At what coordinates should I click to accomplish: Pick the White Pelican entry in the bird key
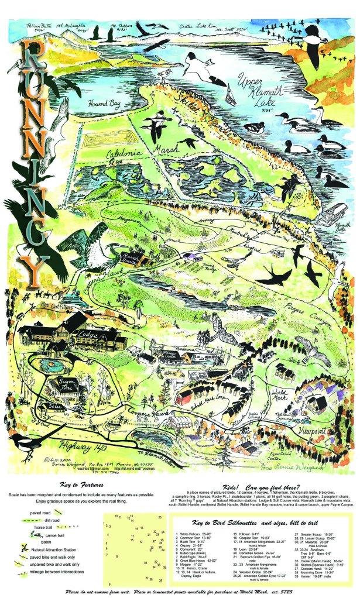tap(198, 534)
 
